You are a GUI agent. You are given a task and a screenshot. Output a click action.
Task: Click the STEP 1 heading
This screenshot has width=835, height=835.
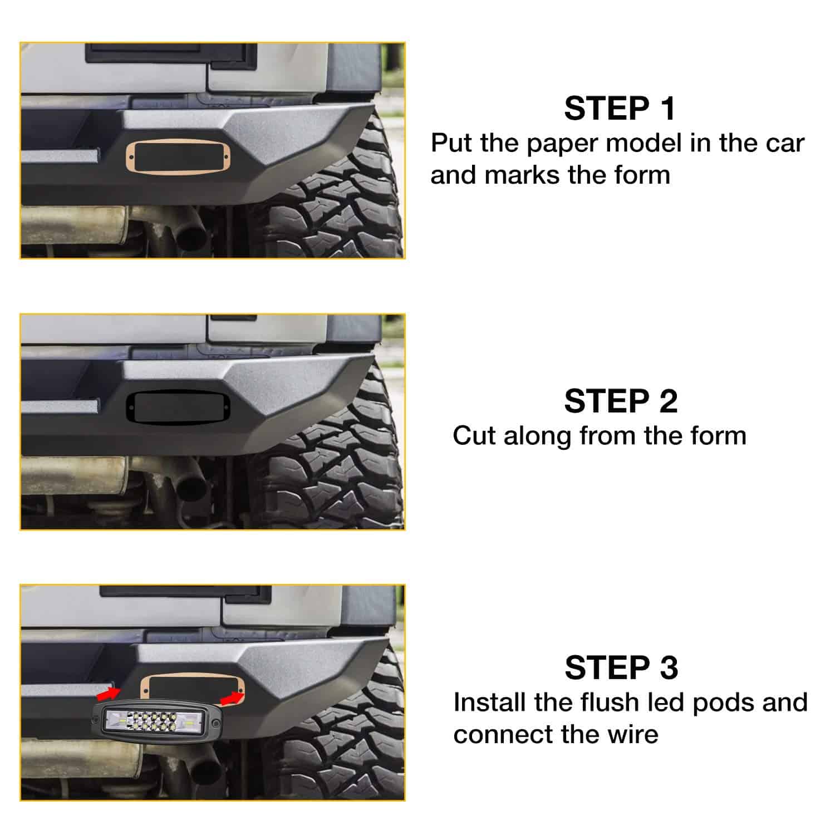(620, 109)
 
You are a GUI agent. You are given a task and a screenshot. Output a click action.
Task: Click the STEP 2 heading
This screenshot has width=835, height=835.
(621, 401)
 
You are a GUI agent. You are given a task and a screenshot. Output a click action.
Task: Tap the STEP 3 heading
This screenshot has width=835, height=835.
(621, 667)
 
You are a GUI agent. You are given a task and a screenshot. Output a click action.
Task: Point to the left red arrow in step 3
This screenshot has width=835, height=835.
(108, 694)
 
